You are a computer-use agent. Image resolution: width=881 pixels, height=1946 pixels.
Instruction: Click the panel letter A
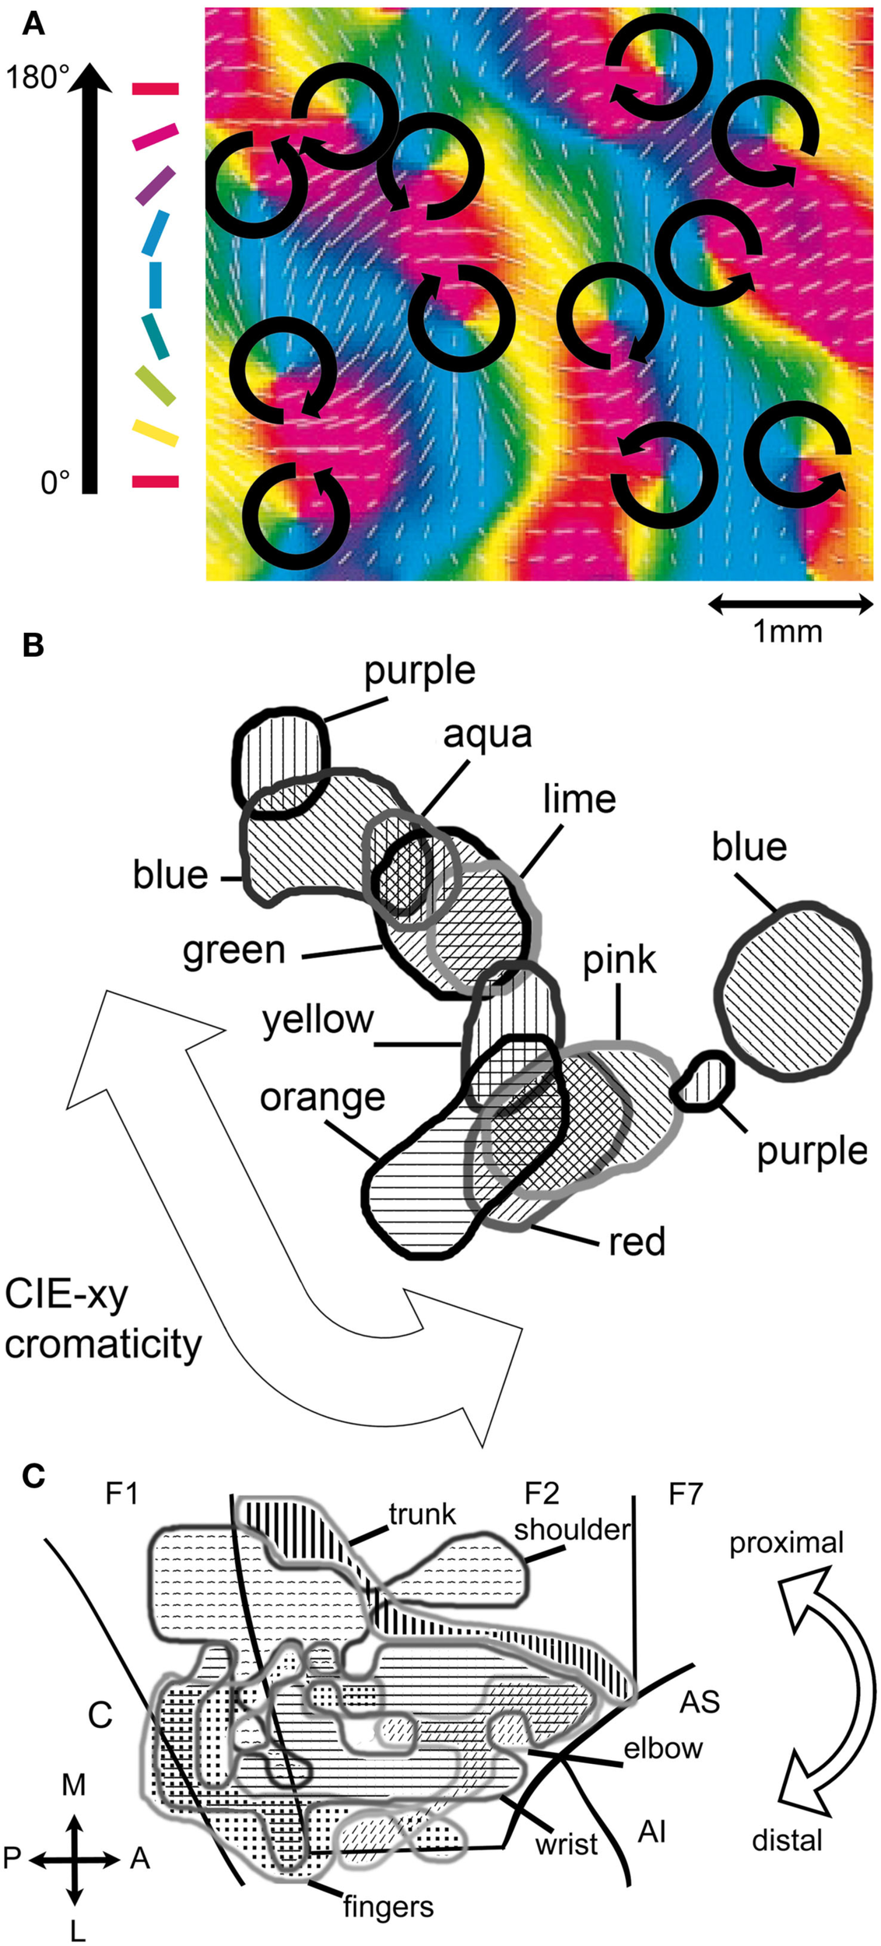coord(33,26)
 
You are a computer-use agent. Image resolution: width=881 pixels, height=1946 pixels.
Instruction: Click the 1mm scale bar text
coord(787,631)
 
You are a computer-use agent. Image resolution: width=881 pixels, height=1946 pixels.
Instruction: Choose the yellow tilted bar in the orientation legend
coord(155,433)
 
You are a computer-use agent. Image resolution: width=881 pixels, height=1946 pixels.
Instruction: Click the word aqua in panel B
coord(487,734)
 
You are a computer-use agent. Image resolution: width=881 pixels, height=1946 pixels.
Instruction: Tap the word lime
coord(579,799)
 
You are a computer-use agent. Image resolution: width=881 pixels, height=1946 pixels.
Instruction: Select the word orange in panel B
coord(322,1098)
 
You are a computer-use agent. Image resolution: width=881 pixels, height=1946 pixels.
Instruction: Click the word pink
coord(620,961)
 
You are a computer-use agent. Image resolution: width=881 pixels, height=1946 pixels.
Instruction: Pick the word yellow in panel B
coord(318,1020)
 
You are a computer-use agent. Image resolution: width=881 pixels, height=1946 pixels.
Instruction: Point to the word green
coord(234,950)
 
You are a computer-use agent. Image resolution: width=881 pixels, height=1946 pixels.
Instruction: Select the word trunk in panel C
coord(422,1514)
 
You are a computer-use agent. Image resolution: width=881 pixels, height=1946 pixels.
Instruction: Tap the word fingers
coord(388,1907)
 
